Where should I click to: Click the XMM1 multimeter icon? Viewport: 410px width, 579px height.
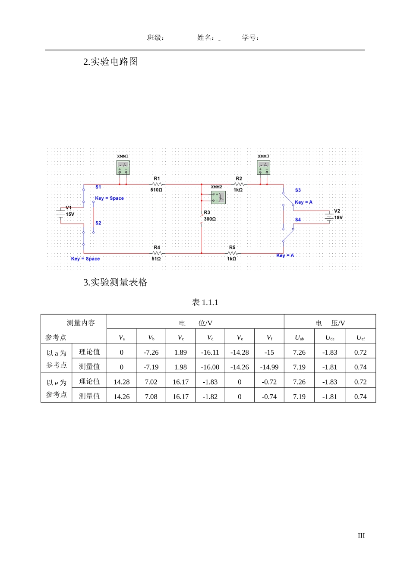123,167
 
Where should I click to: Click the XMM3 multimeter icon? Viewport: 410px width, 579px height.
263,167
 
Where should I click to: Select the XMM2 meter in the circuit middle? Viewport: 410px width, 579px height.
218,197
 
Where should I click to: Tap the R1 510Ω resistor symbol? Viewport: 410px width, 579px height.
157,184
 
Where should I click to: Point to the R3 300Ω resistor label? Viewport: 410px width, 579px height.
209,216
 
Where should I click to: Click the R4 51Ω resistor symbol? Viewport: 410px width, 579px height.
157,253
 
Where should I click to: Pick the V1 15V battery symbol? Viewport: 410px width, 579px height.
60,213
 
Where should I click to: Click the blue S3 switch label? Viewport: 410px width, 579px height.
298,190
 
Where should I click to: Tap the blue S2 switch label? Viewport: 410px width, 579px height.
98,223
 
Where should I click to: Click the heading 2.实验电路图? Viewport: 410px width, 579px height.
110,62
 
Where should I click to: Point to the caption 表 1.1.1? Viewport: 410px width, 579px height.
205,302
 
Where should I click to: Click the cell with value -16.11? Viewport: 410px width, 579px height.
210,352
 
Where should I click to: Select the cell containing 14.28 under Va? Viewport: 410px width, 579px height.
121,382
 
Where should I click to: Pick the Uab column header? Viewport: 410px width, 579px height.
299,337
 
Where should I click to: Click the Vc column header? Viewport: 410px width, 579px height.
180,337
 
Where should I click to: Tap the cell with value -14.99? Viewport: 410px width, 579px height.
269,367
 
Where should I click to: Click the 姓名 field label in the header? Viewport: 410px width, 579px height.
205,38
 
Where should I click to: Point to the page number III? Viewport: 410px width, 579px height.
361,536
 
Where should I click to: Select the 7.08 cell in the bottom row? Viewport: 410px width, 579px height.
151,396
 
